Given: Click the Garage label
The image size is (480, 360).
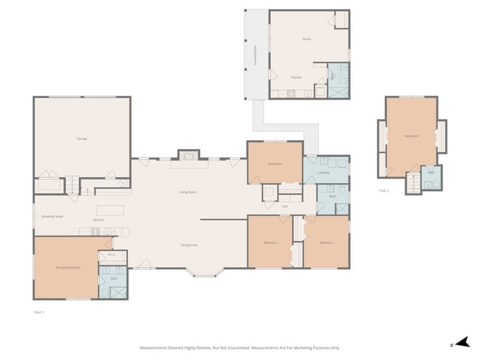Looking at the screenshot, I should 82,139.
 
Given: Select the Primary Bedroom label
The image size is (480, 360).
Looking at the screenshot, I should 68,267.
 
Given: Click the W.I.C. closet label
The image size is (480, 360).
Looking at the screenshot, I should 112,255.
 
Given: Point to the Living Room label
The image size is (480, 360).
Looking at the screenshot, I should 188,192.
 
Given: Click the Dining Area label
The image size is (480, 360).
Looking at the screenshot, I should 188,245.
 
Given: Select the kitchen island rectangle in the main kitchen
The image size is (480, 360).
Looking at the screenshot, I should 110,210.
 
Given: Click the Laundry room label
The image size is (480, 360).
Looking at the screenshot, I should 323,173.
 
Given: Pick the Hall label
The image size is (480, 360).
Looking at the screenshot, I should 284,206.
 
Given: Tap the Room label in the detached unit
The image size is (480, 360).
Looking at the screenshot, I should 307,38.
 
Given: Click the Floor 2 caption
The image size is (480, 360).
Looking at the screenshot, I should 383,190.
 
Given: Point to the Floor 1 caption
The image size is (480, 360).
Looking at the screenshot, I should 39,312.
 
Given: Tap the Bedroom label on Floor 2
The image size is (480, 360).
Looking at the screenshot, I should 411,136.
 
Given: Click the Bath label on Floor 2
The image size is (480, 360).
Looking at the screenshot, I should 431,172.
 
